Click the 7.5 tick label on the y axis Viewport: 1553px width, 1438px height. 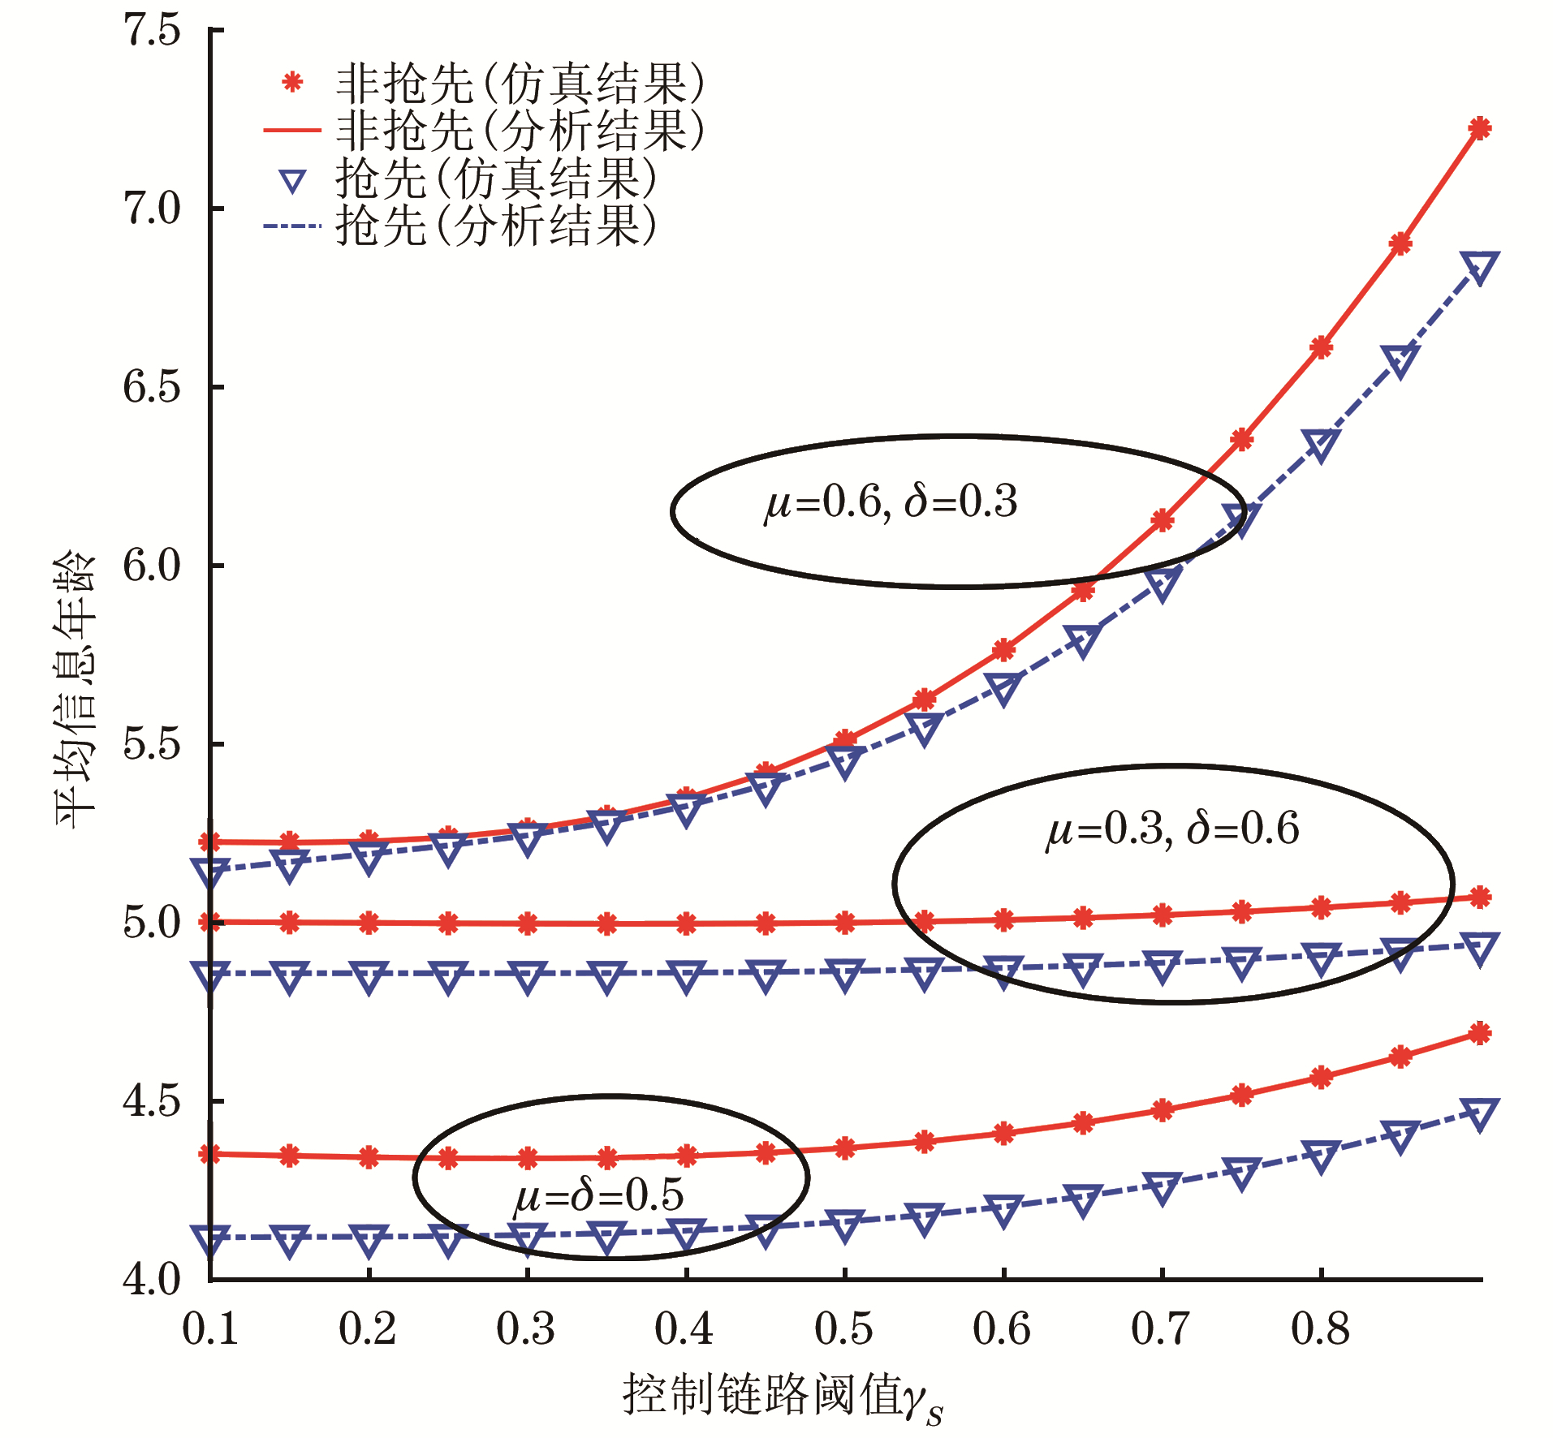click(152, 31)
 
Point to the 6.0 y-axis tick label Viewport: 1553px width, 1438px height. click(152, 566)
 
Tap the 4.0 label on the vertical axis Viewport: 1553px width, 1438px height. click(152, 1280)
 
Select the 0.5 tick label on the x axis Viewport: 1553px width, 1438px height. click(843, 1329)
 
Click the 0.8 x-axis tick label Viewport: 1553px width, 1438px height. click(1320, 1329)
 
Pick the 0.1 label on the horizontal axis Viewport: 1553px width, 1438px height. click(210, 1329)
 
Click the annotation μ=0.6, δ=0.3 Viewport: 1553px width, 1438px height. click(891, 502)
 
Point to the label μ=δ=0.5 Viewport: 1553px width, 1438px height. click(598, 1196)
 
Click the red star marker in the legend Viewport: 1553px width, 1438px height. click(292, 82)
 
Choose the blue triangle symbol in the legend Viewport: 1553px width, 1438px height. click(292, 180)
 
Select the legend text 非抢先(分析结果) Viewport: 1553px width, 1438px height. click(520, 130)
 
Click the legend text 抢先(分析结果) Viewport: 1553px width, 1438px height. click(495, 226)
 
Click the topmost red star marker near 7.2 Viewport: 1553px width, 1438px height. click(1480, 128)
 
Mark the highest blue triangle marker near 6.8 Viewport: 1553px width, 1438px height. click(1480, 267)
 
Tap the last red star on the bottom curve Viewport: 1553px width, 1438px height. click(1480, 1034)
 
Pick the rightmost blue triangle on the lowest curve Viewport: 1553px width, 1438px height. click(1480, 1113)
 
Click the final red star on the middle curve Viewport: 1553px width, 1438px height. click(1480, 898)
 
